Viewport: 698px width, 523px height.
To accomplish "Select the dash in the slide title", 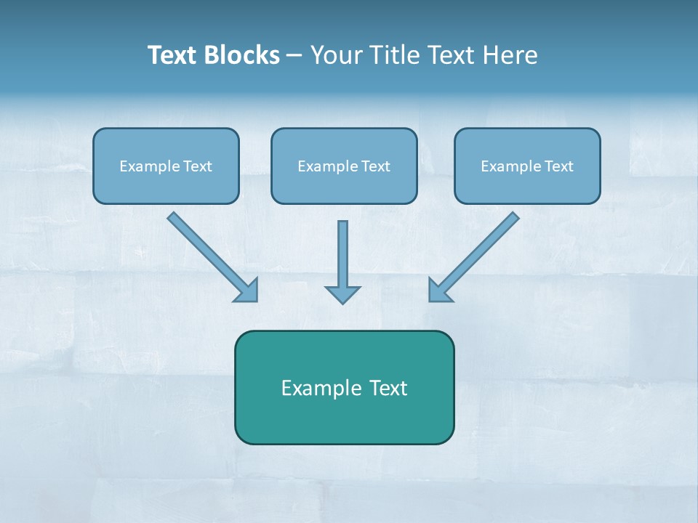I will (295, 56).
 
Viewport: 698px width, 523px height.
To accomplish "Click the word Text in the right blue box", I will (559, 166).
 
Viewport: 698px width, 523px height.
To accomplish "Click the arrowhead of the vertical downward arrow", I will (342, 294).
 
